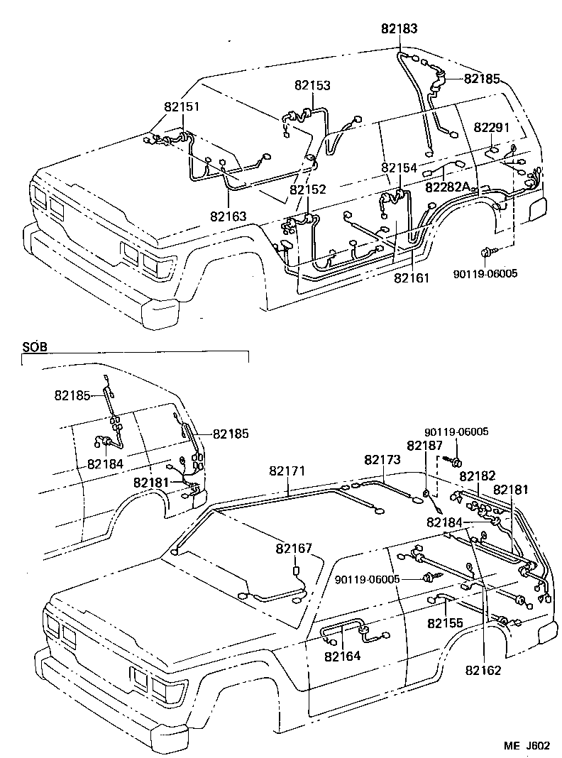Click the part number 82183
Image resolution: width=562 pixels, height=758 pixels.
pos(399,29)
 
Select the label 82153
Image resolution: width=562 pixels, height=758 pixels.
pos(313,84)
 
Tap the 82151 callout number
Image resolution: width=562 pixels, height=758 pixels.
pos(182,106)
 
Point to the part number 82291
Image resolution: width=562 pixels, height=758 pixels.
pos(492,127)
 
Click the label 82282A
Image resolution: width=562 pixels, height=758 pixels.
pos(448,187)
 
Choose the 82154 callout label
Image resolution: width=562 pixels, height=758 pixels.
pos(399,167)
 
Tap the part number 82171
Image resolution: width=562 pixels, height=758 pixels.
pos(287,471)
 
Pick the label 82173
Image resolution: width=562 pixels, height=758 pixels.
pos(382,460)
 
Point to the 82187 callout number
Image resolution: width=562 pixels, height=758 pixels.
pos(424,445)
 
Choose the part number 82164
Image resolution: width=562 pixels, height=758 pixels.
pos(343,656)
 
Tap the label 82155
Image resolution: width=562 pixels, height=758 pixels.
pos(445,622)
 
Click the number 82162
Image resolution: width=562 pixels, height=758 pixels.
pos(484,669)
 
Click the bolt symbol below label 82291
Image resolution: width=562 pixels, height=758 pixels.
pos(487,252)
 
